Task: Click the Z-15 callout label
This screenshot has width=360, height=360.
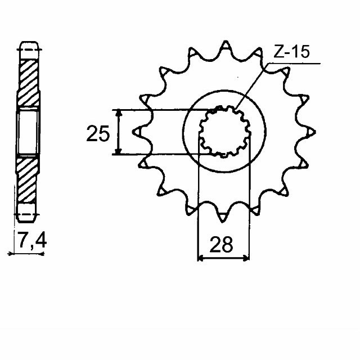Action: click(292, 53)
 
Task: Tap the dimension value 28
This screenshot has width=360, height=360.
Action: click(223, 246)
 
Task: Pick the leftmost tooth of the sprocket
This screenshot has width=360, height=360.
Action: click(137, 133)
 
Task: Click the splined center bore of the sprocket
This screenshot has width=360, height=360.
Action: click(224, 132)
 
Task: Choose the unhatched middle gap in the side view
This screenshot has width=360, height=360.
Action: click(28, 132)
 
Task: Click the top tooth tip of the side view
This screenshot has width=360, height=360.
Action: click(28, 46)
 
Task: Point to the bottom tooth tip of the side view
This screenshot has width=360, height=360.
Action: click(28, 216)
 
